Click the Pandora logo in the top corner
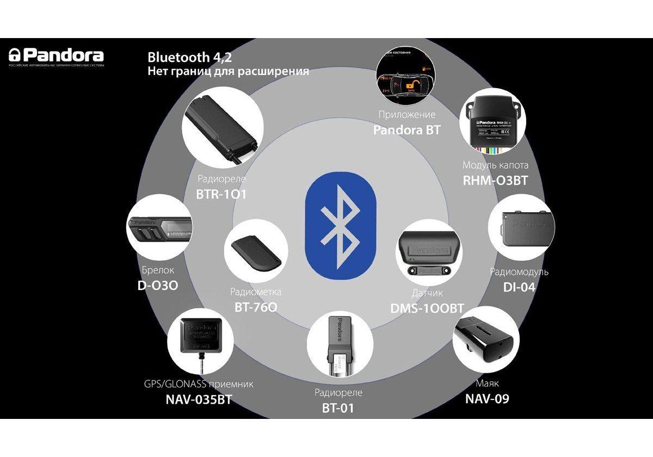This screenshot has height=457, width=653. coord(56,56)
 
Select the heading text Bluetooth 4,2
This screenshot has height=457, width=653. coord(193,57)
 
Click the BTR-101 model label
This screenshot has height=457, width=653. coord(221,193)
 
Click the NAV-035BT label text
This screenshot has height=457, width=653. coord(199,399)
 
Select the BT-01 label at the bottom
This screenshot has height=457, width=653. coord(338,407)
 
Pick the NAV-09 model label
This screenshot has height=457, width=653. coord(487,399)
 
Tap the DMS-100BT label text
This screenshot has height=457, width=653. coord(427,308)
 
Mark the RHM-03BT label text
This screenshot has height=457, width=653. coord(495,180)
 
